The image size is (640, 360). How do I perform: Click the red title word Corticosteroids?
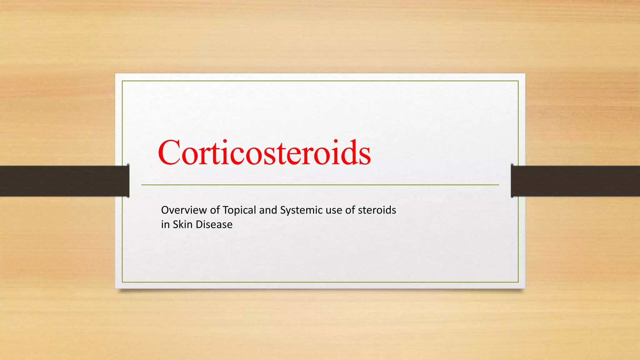pyautogui.click(x=264, y=153)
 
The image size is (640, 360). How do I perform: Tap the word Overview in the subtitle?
pyautogui.click(x=184, y=210)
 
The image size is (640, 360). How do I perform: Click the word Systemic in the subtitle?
pyautogui.click(x=301, y=210)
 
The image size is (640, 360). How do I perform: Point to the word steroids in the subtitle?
pyautogui.click(x=377, y=210)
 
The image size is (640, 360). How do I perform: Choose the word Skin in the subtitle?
pyautogui.click(x=182, y=225)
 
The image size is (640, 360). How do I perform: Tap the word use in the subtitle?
pyautogui.click(x=334, y=210)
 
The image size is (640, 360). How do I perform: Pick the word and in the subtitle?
pyautogui.click(x=268, y=210)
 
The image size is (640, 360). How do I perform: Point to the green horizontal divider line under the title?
pyautogui.click(x=320, y=185)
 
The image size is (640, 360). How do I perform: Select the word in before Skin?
pyautogui.click(x=165, y=225)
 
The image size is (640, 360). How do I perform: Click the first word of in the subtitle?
pyautogui.click(x=215, y=210)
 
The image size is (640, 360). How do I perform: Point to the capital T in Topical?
pyautogui.click(x=226, y=210)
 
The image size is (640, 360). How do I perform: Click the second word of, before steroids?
pyautogui.click(x=350, y=210)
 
